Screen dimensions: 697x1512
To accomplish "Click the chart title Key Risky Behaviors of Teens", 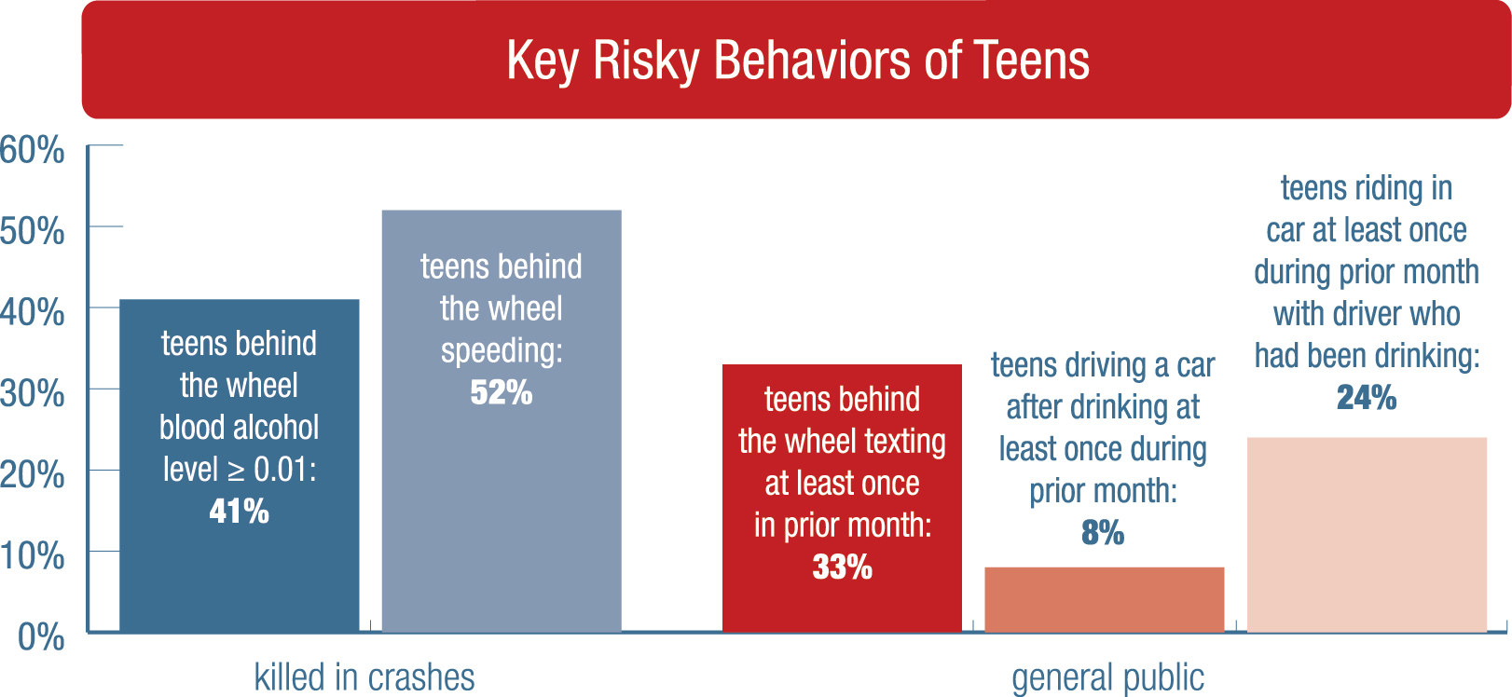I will point(798,61).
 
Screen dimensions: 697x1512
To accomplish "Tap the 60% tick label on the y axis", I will point(33,149).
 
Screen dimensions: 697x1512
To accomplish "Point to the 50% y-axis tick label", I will point(33,230).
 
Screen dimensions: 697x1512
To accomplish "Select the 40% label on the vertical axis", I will point(33,311).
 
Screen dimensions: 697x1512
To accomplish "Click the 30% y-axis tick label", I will point(33,393).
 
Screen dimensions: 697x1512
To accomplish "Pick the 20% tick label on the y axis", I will point(33,474).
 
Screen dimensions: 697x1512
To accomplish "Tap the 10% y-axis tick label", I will point(33,555).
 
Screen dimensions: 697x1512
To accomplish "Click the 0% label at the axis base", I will point(41,637).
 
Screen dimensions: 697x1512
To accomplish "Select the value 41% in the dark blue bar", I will point(239,511).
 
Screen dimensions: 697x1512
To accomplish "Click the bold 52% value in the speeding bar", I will point(501,392).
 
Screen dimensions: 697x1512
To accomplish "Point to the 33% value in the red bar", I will point(842,567).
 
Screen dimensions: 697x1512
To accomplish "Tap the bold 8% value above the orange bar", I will point(1103,532).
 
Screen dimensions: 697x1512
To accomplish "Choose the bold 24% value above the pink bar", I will point(1367,398).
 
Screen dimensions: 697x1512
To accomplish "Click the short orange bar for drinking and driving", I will point(1104,599).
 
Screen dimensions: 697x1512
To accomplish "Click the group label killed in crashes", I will point(364,677).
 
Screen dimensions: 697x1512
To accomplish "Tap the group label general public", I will point(1107,677).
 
